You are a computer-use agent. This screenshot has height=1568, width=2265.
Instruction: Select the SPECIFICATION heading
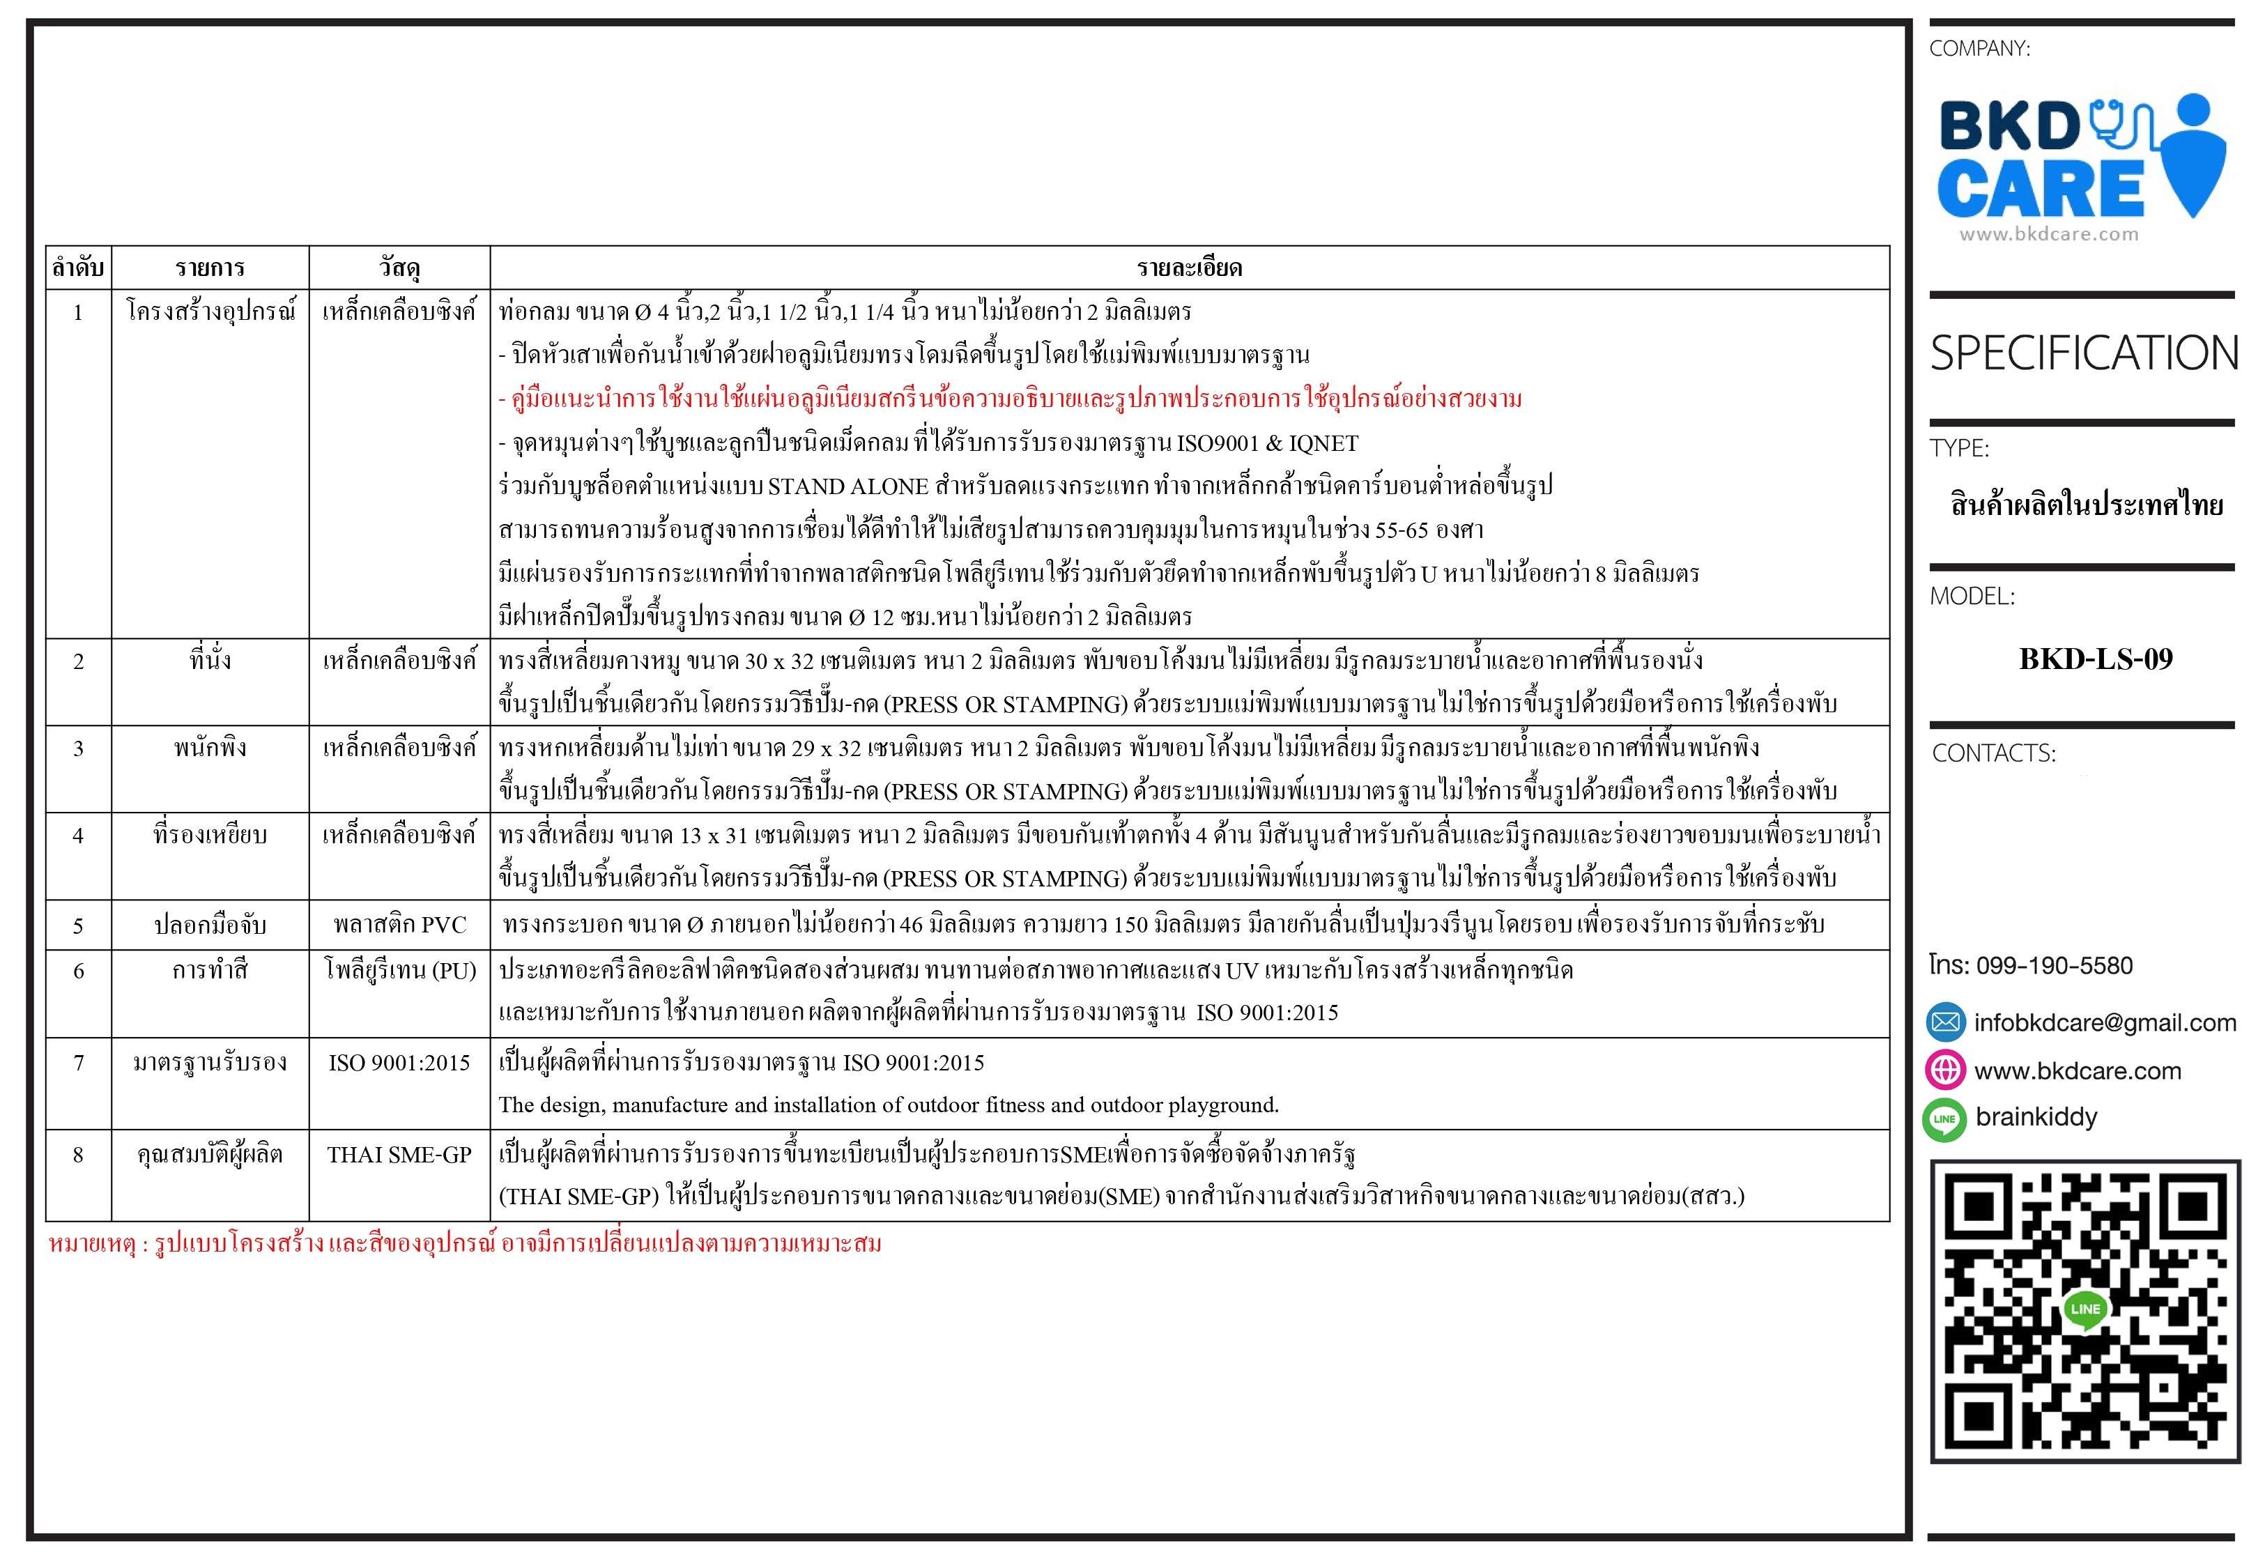pos(2083,354)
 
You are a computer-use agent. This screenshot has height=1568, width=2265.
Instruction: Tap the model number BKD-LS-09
pos(2095,659)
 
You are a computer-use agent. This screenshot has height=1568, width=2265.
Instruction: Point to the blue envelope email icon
pos(1945,1023)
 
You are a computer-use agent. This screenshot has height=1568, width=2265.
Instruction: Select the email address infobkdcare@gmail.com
pos(2104,1023)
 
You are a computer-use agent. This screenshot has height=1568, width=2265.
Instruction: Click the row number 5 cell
pos(79,925)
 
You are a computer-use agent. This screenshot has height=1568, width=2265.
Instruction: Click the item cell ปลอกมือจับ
pos(210,925)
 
